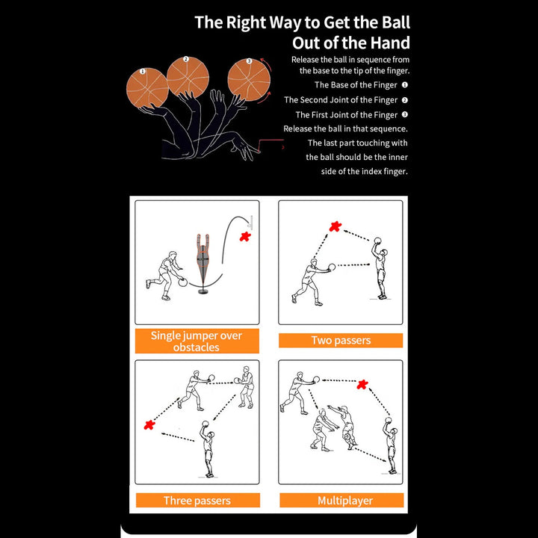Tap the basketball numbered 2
click(x=187, y=75)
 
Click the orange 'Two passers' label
click(x=341, y=341)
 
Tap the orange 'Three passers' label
click(x=197, y=501)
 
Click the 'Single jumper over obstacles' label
click(x=197, y=341)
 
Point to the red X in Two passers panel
click(x=336, y=226)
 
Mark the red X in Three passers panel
click(x=149, y=425)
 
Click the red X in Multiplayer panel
click(x=362, y=385)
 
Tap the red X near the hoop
click(x=244, y=237)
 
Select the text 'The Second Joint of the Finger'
click(x=341, y=100)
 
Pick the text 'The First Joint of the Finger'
click(x=347, y=115)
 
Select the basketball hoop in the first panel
click(x=251, y=221)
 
